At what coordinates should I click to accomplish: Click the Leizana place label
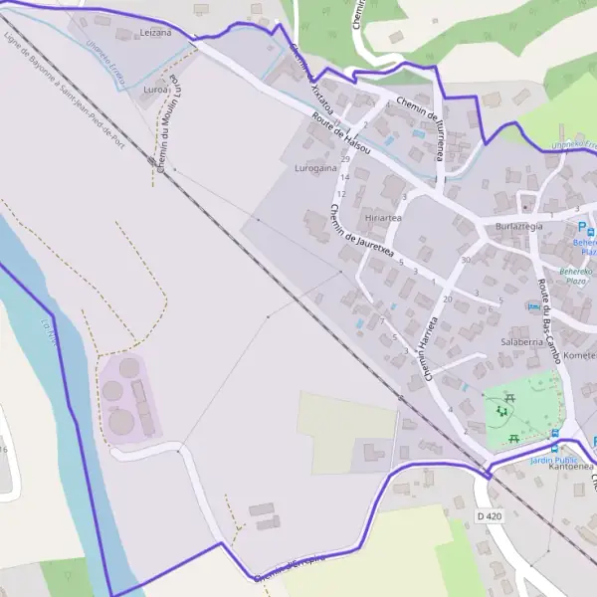pyautogui.click(x=155, y=33)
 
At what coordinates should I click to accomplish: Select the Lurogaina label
pyautogui.click(x=315, y=168)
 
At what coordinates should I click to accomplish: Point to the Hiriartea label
pyautogui.click(x=383, y=217)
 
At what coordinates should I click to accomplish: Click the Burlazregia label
pyautogui.click(x=519, y=226)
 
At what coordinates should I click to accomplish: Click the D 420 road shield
pyautogui.click(x=488, y=515)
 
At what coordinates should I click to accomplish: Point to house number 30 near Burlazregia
pyautogui.click(x=466, y=260)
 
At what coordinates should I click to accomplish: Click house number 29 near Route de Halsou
pyautogui.click(x=345, y=159)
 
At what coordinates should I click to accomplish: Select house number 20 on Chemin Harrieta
pyautogui.click(x=448, y=298)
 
